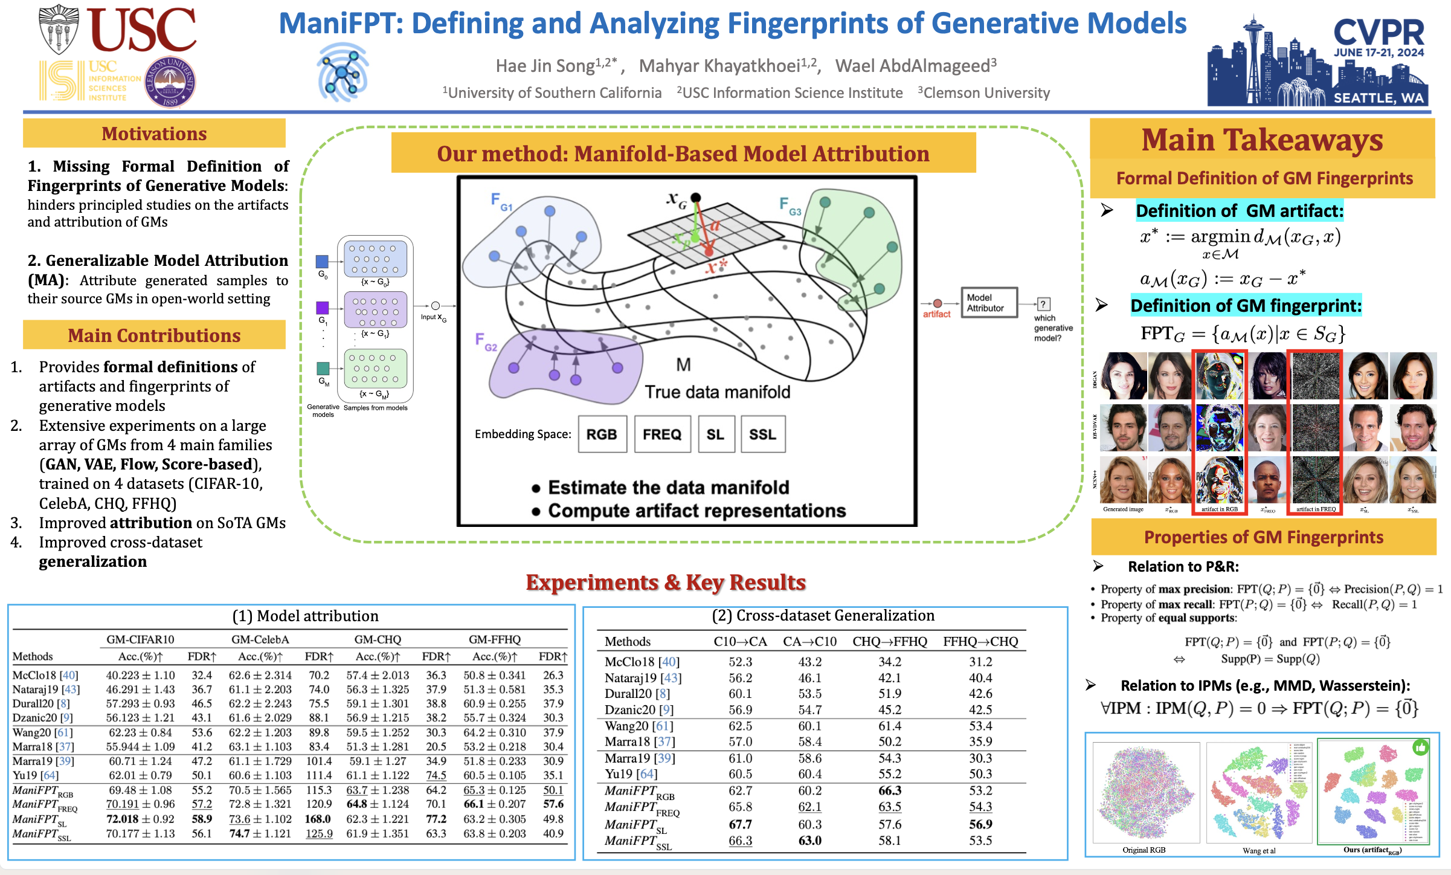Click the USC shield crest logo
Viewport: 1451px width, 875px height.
coord(59,28)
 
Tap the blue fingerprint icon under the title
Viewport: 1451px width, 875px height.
coord(343,72)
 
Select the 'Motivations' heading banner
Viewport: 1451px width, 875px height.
coord(154,134)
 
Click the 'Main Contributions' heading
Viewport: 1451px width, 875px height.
coord(154,335)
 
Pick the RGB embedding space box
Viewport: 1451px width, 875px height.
coord(602,434)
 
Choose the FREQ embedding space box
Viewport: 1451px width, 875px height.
coord(662,434)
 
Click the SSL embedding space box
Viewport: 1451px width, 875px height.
coord(762,434)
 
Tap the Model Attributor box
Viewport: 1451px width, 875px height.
coord(988,302)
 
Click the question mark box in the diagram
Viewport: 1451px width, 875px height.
coord(1043,304)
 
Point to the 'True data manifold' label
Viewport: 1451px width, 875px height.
coord(717,392)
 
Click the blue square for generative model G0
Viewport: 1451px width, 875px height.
coord(322,261)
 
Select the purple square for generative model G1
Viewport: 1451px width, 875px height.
coord(323,308)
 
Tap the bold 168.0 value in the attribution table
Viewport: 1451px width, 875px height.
coord(317,819)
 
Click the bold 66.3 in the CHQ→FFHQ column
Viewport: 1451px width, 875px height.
coord(889,790)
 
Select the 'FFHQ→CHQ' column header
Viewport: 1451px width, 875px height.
coord(980,641)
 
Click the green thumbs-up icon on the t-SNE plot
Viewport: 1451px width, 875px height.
coord(1420,747)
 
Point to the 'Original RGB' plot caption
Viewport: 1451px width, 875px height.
coord(1144,850)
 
